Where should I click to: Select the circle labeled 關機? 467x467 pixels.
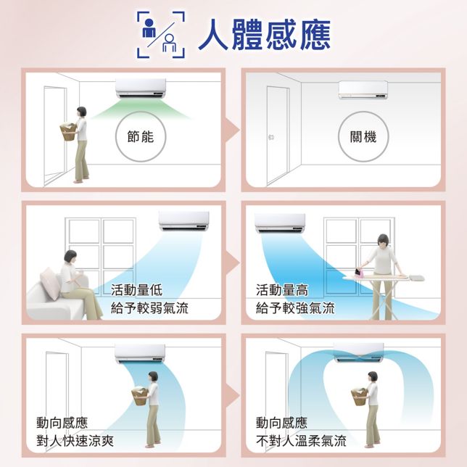click(363, 136)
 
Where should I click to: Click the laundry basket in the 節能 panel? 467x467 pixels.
click(69, 133)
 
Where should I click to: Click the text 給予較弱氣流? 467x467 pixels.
click(149, 308)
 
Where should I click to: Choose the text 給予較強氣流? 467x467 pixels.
click(295, 308)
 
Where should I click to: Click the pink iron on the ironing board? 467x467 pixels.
click(360, 273)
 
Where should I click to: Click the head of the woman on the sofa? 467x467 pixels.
click(70, 256)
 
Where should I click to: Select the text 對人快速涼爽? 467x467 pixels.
click(75, 440)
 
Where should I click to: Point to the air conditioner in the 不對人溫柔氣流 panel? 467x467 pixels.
click(358, 354)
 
